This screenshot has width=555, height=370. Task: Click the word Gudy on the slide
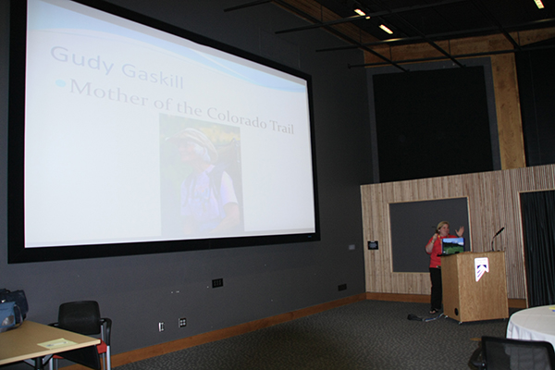point(82,60)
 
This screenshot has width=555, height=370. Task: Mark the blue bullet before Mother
point(61,83)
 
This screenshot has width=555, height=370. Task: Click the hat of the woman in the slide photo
point(194,141)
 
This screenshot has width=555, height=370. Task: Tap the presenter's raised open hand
point(460,230)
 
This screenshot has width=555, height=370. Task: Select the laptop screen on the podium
point(452,245)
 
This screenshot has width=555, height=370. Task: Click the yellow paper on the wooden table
point(54,343)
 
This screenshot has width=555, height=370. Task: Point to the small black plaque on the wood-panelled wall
point(373,244)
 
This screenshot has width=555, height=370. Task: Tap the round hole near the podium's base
point(456,312)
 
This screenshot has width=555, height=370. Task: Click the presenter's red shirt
point(436,253)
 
